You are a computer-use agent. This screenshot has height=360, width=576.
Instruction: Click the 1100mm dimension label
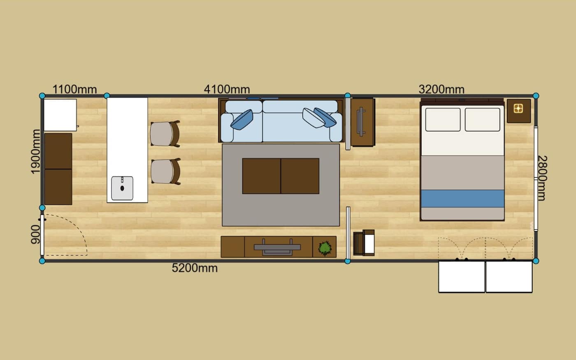pos(74,90)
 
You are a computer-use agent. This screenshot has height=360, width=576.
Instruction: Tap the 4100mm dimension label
pos(227,90)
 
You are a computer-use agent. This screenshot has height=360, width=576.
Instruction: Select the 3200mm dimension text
pos(441,90)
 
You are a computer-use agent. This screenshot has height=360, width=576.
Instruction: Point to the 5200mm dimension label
pos(195,268)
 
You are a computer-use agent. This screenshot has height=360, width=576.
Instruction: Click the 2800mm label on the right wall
pos(542,178)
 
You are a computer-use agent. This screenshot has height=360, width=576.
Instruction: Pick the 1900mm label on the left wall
pos(35,152)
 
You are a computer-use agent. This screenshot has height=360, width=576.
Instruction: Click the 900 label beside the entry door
pos(35,234)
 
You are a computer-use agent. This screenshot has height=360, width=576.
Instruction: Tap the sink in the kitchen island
pos(122,188)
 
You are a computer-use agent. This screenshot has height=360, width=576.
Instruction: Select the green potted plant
pos(325,248)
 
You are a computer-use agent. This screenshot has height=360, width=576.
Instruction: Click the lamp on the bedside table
pos(518,109)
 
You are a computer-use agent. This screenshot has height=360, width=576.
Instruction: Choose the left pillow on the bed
pos(443,120)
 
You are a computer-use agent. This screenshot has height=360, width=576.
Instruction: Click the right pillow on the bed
pos(482,120)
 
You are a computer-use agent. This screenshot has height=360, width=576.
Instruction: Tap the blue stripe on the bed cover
pos(462,198)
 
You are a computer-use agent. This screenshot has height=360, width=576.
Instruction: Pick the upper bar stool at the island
pos(165,134)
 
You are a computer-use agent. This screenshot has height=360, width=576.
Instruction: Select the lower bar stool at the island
pos(165,172)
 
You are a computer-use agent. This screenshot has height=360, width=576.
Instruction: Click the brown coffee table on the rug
pos(281,176)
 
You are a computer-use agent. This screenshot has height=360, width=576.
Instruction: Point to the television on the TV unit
pos(277,247)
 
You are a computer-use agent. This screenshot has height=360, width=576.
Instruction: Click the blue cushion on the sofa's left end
pos(242,120)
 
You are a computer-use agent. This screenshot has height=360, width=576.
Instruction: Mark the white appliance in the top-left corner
pos(60,115)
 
